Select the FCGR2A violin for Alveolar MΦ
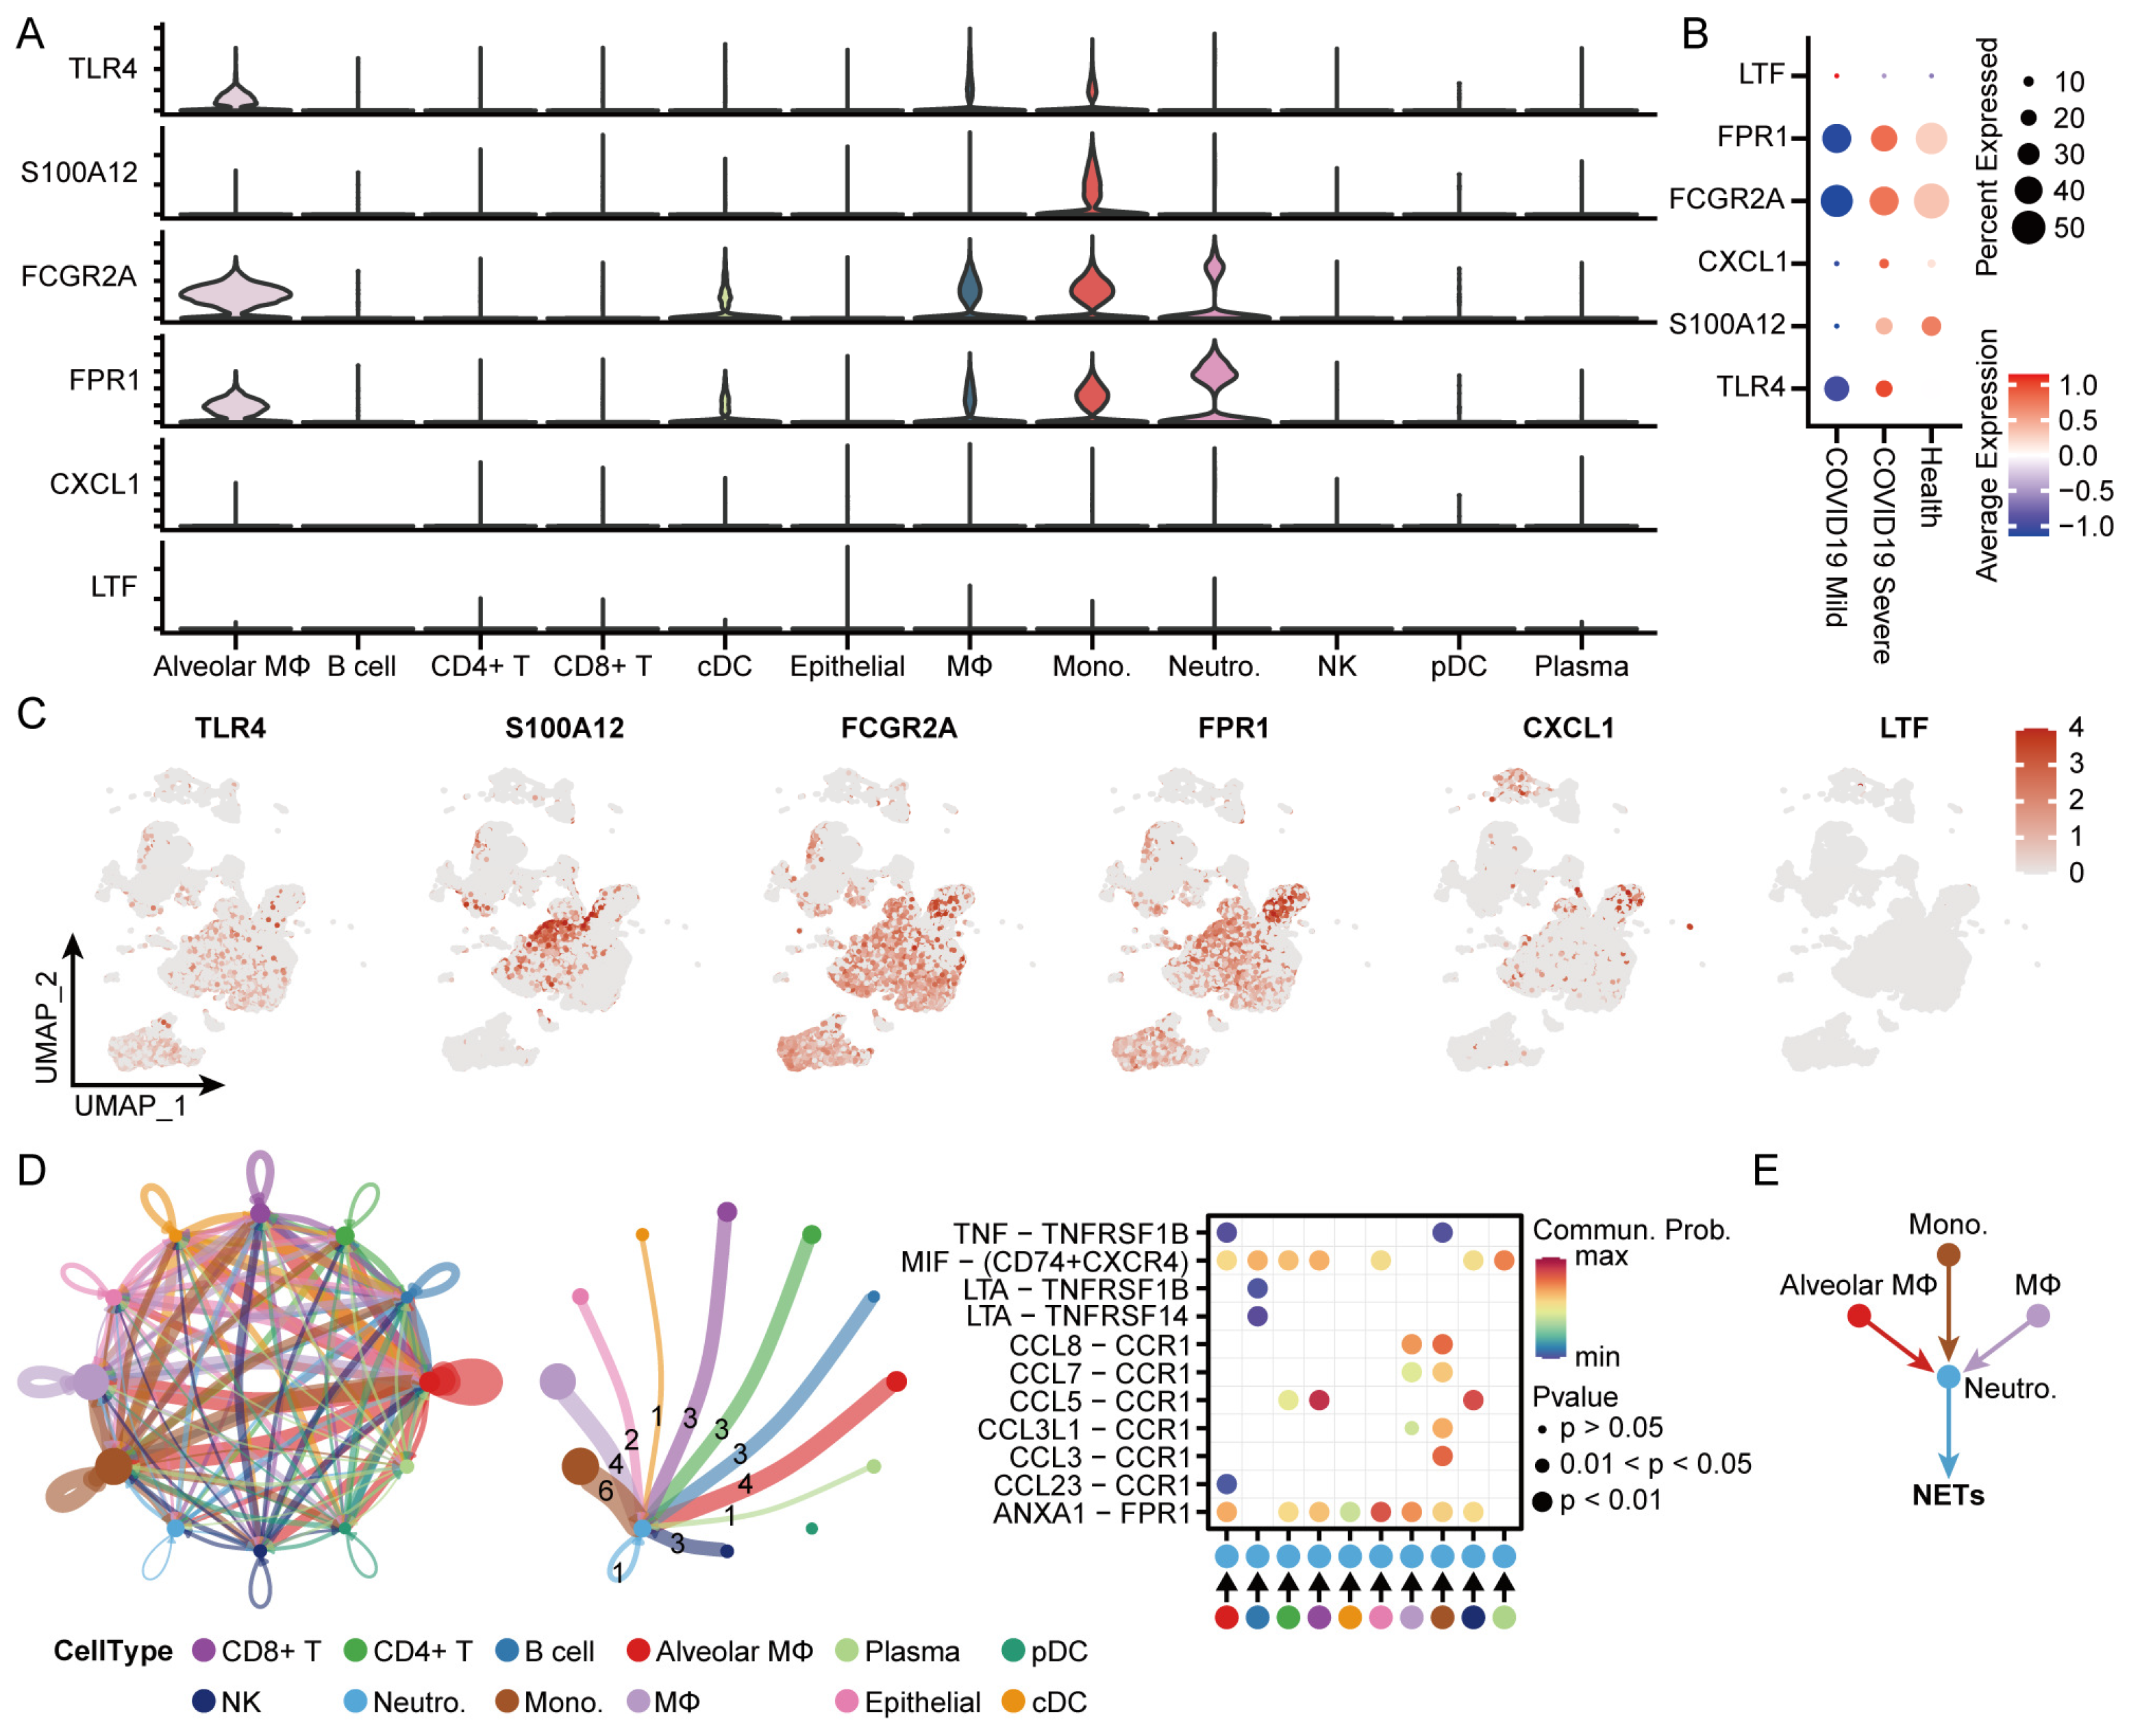point(236,294)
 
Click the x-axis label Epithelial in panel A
point(847,666)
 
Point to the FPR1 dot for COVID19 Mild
point(1835,138)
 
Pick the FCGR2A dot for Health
point(1930,200)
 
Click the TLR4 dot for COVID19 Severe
point(1883,388)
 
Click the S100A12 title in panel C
point(564,728)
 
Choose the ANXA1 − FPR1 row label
point(1091,1513)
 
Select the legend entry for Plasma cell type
point(911,1651)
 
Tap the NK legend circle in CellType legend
point(203,1701)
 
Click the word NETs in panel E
point(1947,1496)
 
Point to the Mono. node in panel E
point(1947,1254)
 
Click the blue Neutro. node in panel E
point(1947,1376)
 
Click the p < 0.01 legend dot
point(1542,1500)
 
